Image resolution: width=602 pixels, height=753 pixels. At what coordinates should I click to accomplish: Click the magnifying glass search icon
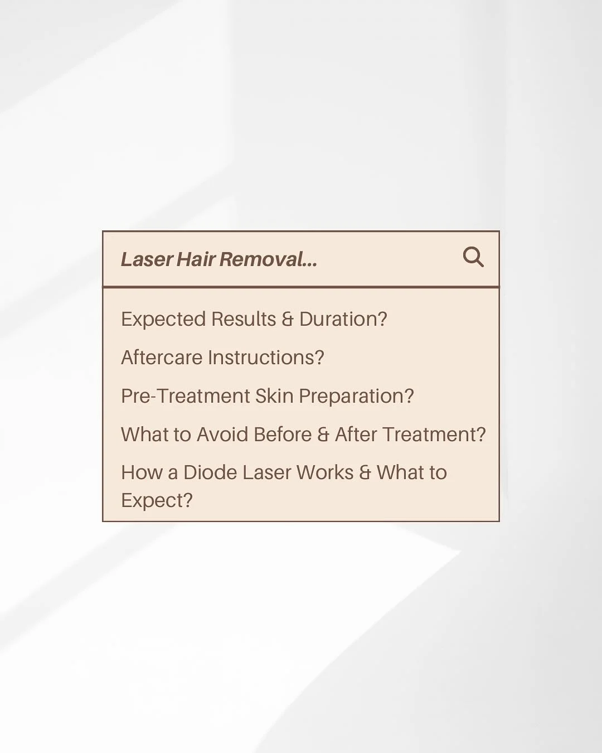coord(473,257)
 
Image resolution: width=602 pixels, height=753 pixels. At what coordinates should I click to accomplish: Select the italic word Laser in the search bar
coord(147,259)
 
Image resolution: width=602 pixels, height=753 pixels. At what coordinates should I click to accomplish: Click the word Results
coord(244,319)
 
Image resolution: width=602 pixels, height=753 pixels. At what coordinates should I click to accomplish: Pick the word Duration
coord(343,319)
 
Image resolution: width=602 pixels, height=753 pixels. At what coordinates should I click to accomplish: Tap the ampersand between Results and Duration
coord(288,319)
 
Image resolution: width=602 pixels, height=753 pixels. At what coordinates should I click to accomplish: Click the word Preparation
coord(356,396)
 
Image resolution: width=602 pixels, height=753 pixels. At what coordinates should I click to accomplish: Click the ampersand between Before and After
coord(323,435)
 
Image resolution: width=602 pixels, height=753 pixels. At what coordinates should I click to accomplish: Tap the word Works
coord(325,472)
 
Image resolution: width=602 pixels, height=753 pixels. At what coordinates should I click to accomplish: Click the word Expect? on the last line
coord(157,500)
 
